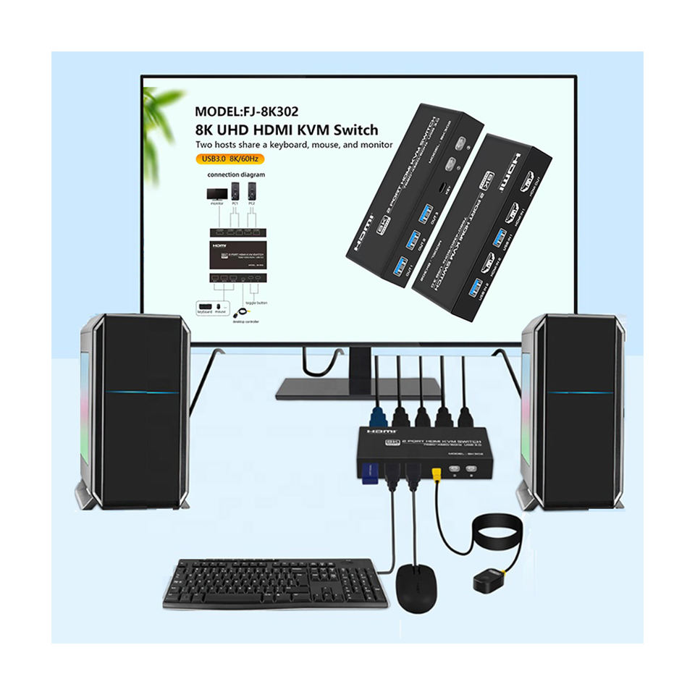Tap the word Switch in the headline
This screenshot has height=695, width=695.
350,130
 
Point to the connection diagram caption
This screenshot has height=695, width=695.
236,175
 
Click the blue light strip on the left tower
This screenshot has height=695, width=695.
142,392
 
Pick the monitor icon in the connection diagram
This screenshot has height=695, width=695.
216,193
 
